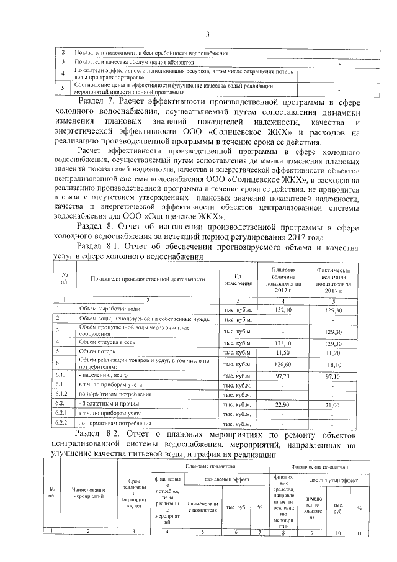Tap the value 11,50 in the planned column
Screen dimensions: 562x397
click(x=283, y=351)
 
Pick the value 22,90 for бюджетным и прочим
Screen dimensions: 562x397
click(x=283, y=404)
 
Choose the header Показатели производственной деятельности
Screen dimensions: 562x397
click(x=147, y=280)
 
